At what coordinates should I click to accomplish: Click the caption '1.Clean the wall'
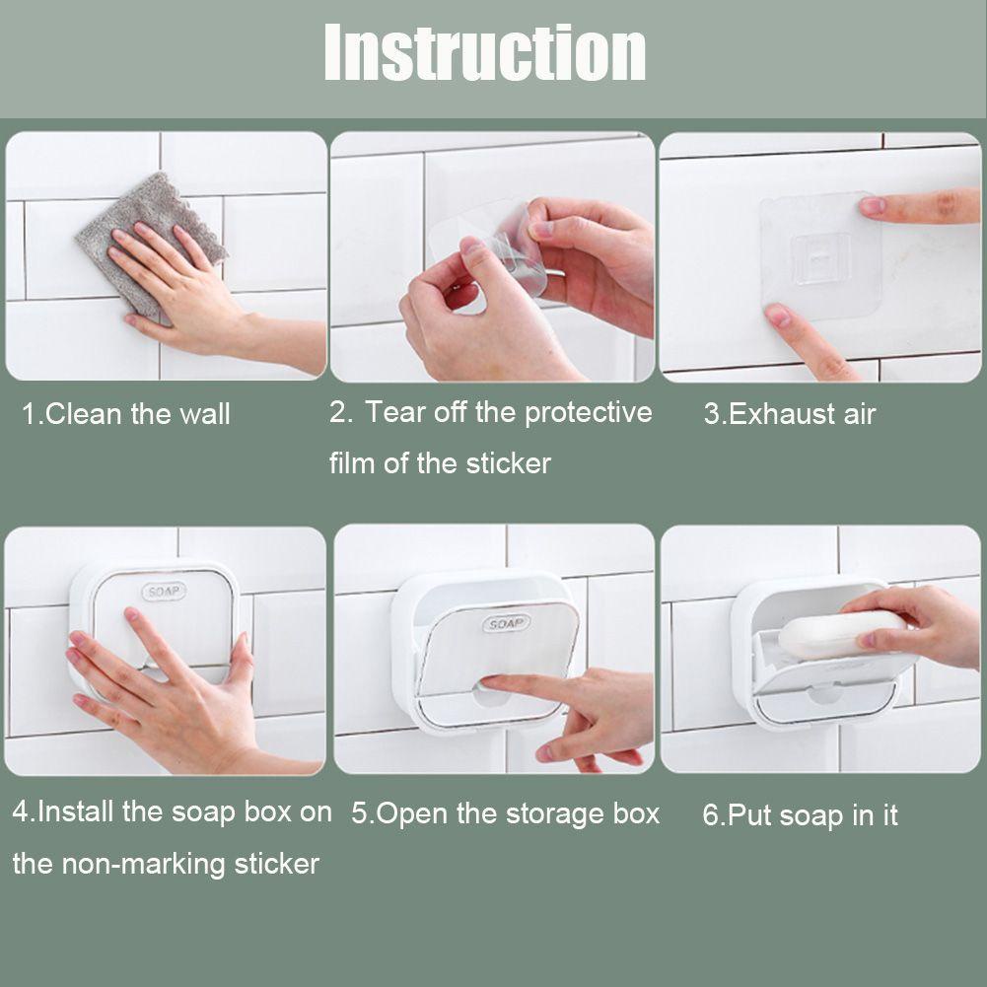click(126, 414)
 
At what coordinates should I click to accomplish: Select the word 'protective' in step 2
click(588, 413)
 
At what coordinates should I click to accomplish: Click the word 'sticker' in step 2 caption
click(508, 463)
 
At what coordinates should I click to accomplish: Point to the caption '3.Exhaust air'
click(790, 414)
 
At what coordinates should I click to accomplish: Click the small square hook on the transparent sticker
click(820, 258)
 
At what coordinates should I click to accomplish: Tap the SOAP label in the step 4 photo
click(164, 592)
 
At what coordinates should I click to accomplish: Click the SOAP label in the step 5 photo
click(507, 623)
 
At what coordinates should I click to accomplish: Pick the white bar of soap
click(843, 634)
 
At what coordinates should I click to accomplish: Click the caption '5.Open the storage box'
click(505, 813)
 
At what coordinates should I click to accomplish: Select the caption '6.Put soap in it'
click(800, 815)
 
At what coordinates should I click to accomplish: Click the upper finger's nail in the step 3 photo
click(873, 205)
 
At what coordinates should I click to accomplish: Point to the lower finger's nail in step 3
click(779, 315)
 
